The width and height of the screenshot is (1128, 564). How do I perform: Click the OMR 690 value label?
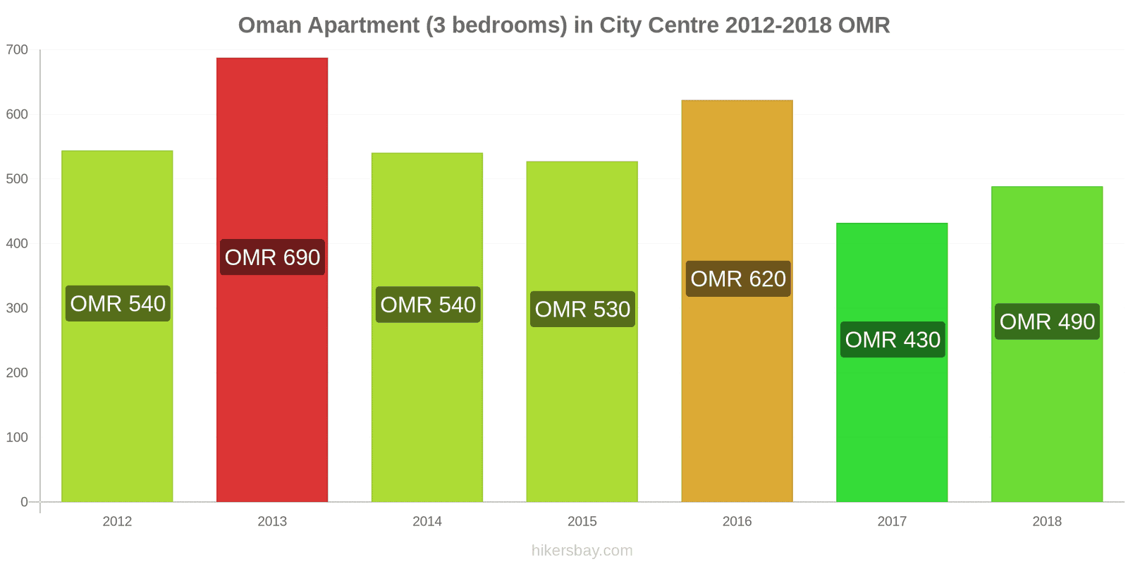tap(272, 257)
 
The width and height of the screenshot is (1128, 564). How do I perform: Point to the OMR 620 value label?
tap(738, 279)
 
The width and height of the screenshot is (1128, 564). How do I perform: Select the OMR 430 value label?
tap(893, 340)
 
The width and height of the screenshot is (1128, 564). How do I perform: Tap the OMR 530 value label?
tap(582, 309)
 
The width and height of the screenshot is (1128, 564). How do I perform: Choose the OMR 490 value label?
tap(1047, 321)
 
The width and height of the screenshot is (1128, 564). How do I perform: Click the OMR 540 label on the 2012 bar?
tap(118, 304)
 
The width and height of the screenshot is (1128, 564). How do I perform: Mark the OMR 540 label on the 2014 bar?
tap(428, 305)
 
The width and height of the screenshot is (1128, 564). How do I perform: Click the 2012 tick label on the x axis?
tap(117, 522)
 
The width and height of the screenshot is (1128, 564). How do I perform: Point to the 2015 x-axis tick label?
tap(582, 522)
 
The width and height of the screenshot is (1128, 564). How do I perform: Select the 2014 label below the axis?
tap(427, 522)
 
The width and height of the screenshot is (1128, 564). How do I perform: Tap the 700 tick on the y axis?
tap(17, 50)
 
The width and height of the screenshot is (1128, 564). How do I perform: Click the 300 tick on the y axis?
tap(17, 308)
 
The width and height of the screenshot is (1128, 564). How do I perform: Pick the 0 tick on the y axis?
tap(24, 502)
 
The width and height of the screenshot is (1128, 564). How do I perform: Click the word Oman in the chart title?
tap(269, 25)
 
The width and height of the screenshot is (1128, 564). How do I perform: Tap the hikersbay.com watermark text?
tap(582, 551)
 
